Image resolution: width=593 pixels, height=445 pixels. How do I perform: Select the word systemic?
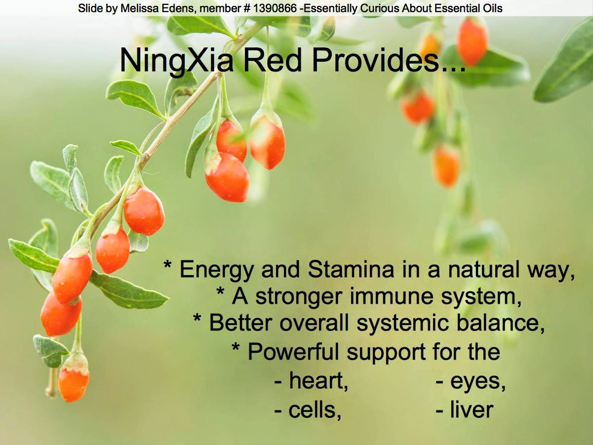402,324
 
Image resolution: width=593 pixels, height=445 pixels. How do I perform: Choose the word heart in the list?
318,380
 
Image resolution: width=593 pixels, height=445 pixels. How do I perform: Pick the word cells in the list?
315,409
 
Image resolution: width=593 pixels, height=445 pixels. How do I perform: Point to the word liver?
472,409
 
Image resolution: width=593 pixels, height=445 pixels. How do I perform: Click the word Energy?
216,270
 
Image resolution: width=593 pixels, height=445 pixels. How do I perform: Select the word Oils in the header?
492,8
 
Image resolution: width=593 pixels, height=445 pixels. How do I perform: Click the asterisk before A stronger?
221,292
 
